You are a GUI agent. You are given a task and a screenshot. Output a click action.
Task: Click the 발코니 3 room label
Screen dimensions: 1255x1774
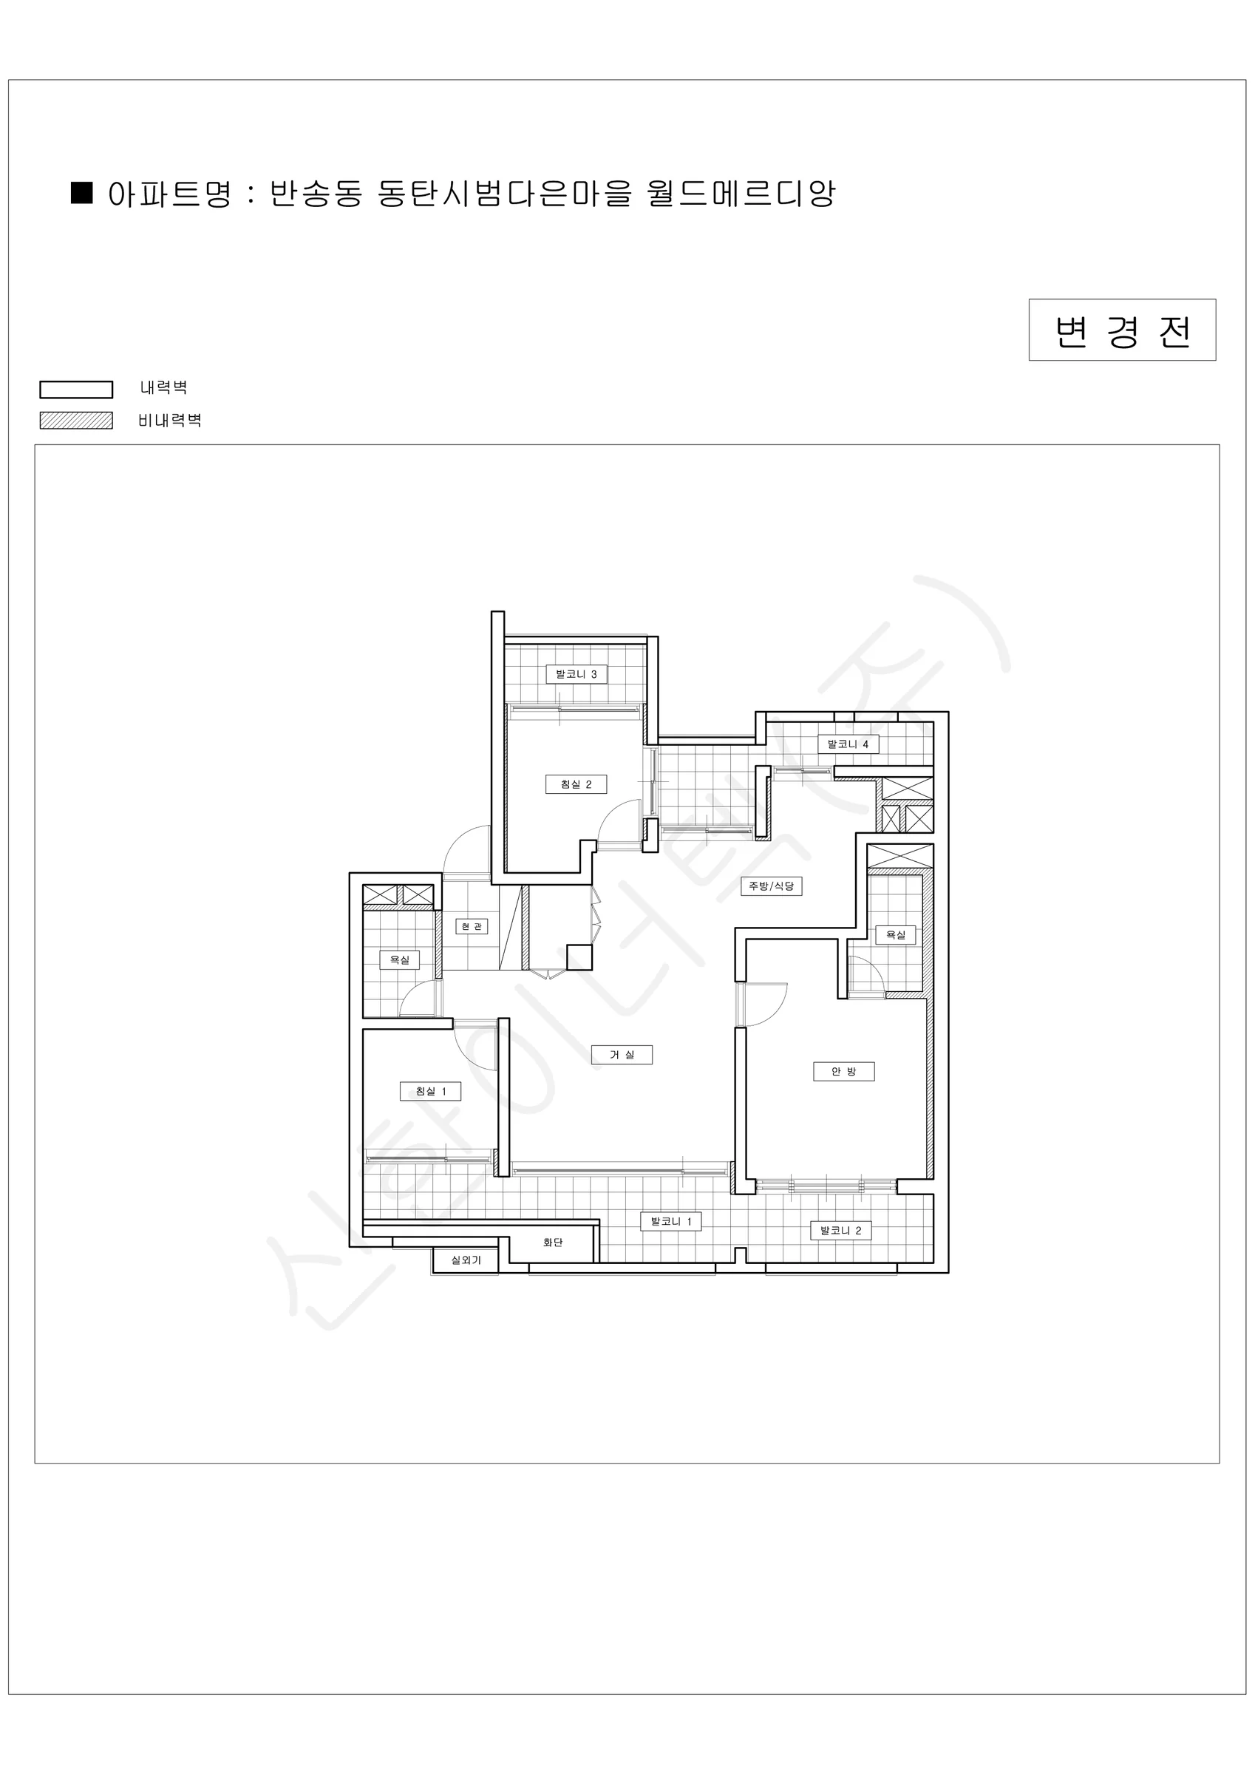pyautogui.click(x=576, y=673)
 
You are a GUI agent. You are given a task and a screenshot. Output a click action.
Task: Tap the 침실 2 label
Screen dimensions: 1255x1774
pyautogui.click(x=576, y=784)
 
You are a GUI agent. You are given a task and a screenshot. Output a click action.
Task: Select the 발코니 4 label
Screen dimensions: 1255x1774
pyautogui.click(x=848, y=744)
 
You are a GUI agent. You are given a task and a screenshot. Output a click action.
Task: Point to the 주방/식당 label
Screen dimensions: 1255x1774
pyautogui.click(x=771, y=886)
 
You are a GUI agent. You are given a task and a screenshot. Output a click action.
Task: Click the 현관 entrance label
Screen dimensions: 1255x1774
pyautogui.click(x=472, y=926)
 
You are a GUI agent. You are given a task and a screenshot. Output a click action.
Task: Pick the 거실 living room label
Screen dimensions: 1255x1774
pyautogui.click(x=622, y=1055)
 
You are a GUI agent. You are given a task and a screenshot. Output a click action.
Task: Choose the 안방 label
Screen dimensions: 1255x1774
pyautogui.click(x=844, y=1072)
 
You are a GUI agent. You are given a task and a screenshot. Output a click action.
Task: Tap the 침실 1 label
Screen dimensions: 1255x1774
pyautogui.click(x=430, y=1091)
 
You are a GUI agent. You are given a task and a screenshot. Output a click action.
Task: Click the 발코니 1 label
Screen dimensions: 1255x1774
pyautogui.click(x=671, y=1222)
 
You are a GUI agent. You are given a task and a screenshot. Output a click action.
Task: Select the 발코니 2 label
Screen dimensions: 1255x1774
pyautogui.click(x=841, y=1231)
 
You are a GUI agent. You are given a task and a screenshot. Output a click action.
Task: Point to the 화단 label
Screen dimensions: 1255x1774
pyautogui.click(x=553, y=1243)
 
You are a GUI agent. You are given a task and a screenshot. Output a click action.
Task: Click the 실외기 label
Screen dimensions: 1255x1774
pyautogui.click(x=466, y=1260)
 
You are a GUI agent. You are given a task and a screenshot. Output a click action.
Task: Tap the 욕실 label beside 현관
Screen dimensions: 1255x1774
pyautogui.click(x=400, y=959)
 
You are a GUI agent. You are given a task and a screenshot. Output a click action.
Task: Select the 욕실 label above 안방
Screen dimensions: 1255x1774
pyautogui.click(x=896, y=935)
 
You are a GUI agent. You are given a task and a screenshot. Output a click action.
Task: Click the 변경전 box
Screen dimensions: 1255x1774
pyautogui.click(x=1122, y=330)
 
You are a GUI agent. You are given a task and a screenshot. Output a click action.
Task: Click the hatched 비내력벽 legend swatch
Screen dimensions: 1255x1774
pyautogui.click(x=77, y=421)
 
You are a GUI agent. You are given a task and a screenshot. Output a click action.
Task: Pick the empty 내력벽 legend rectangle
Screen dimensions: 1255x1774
pyautogui.click(x=77, y=390)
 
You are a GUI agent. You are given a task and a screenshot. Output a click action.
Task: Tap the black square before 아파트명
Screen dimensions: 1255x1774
pyautogui.click(x=82, y=192)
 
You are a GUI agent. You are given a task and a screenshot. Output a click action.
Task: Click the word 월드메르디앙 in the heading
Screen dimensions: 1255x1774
pyautogui.click(x=741, y=193)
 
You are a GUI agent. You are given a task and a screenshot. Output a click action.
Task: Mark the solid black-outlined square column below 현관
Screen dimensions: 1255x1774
pyautogui.click(x=579, y=957)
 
